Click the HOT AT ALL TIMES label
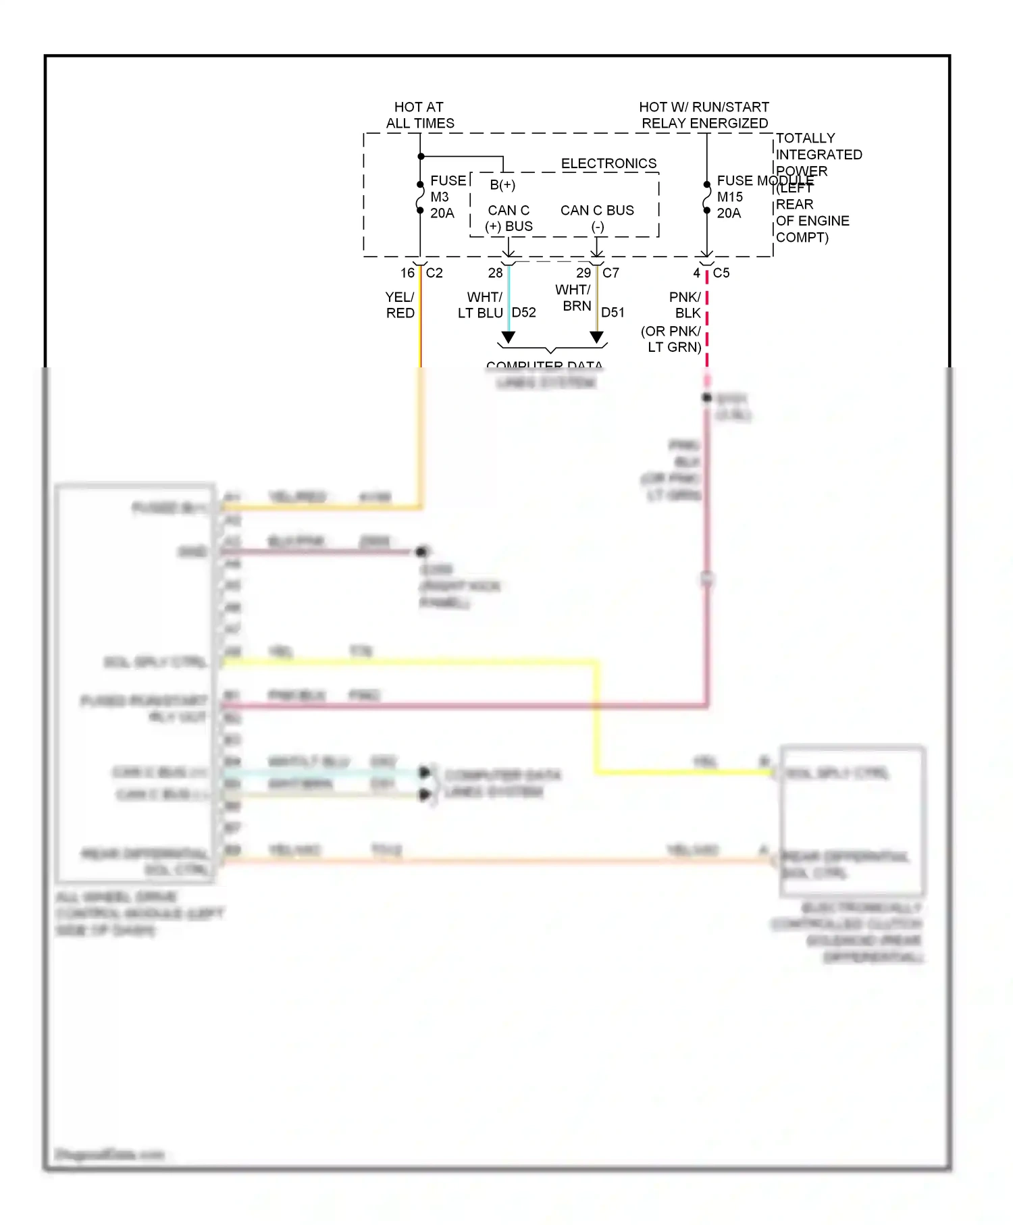(419, 115)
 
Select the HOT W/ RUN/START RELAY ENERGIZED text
(704, 115)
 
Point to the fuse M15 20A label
(730, 197)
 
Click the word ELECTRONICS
(608, 163)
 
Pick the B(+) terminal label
(502, 185)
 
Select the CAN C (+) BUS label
(509, 218)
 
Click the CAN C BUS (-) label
(597, 218)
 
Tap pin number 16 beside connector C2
(407, 273)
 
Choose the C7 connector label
(611, 273)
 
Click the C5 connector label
(721, 273)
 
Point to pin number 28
(496, 273)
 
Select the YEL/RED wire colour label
(400, 305)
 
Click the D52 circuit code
(524, 313)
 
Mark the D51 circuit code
(613, 313)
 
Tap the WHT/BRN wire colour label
(573, 298)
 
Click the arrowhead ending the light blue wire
(509, 337)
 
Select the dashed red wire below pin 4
(707, 324)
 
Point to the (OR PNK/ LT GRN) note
(671, 339)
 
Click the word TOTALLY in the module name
(805, 138)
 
